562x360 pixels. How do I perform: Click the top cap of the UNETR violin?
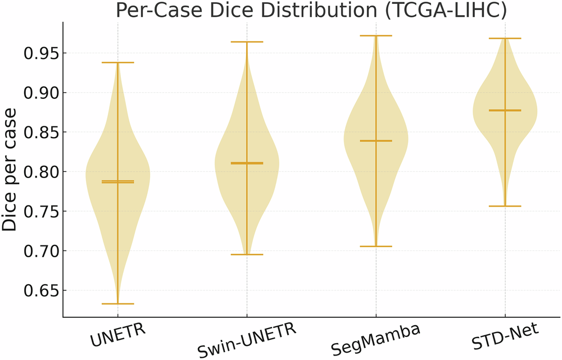pos(118,62)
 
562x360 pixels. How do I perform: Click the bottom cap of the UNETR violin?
pos(118,304)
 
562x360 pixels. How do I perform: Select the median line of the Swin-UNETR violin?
pos(247,163)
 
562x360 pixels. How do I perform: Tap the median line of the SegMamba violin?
pos(376,140)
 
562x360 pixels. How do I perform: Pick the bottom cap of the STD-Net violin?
pos(505,206)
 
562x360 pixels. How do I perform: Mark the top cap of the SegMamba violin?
pos(376,35)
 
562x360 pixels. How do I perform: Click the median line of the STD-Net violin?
pos(505,111)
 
